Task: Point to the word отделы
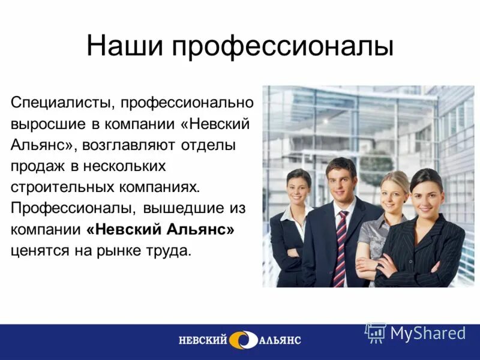pyautogui.click(x=215, y=145)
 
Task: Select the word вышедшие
pyautogui.click(x=184, y=208)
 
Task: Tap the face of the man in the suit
pyautogui.click(x=341, y=181)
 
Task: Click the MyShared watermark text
pyautogui.click(x=427, y=333)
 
